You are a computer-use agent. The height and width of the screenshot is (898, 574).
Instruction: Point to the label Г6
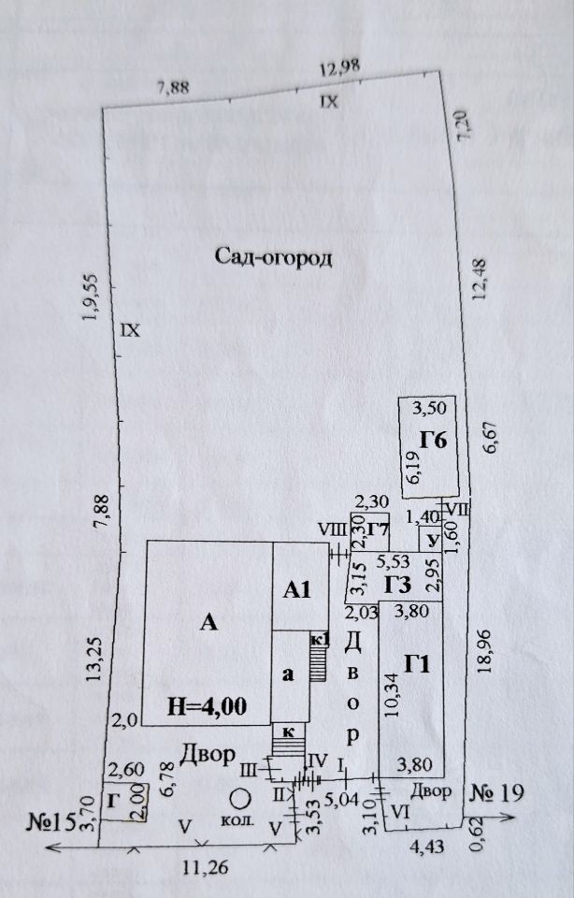coord(432,440)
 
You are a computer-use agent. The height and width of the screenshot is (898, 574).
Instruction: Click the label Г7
coord(379,530)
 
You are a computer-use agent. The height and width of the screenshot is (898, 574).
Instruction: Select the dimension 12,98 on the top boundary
coord(338,69)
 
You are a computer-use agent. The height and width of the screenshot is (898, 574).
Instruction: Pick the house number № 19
coord(495,793)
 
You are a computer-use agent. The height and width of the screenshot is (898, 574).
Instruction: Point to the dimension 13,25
coord(93,661)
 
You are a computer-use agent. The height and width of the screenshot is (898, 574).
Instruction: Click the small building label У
coord(431,541)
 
